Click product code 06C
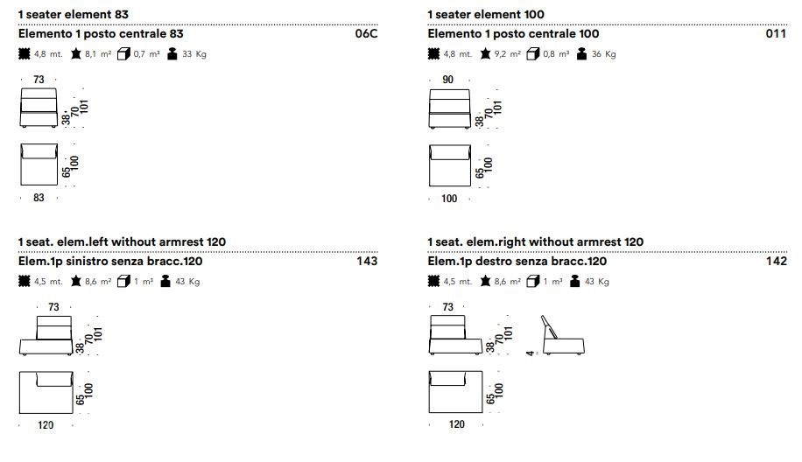pos(366,34)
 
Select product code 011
pos(776,34)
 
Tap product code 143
pos(367,261)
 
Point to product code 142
pos(776,261)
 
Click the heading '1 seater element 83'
pos(74,14)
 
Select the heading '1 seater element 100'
pos(486,14)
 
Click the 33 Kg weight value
pos(194,54)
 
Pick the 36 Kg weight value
pos(603,54)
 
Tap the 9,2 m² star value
pos(508,54)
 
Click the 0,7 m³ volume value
pos(147,54)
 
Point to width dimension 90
pos(448,80)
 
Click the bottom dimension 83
pos(39,198)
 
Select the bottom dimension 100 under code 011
pos(449,199)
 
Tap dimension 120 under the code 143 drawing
pos(46,425)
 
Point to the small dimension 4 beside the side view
pos(530,353)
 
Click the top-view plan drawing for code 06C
pos(39,164)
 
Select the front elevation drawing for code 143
pos(46,335)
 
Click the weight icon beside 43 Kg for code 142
pos(575,282)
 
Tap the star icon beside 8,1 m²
pos(76,53)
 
